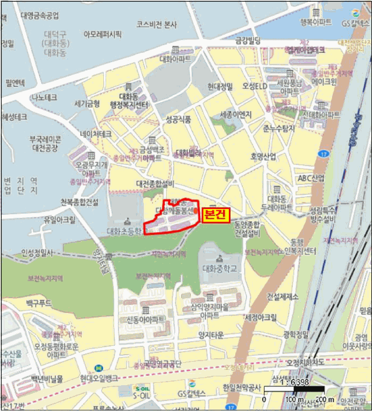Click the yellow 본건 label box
[214, 215]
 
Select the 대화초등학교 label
[126, 231]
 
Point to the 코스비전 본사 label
[157, 24]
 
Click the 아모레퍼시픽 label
[103, 34]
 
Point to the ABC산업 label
[311, 178]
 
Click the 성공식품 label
[178, 119]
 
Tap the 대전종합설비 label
[155, 183]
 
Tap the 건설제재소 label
[283, 295]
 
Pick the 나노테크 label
[44, 97]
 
